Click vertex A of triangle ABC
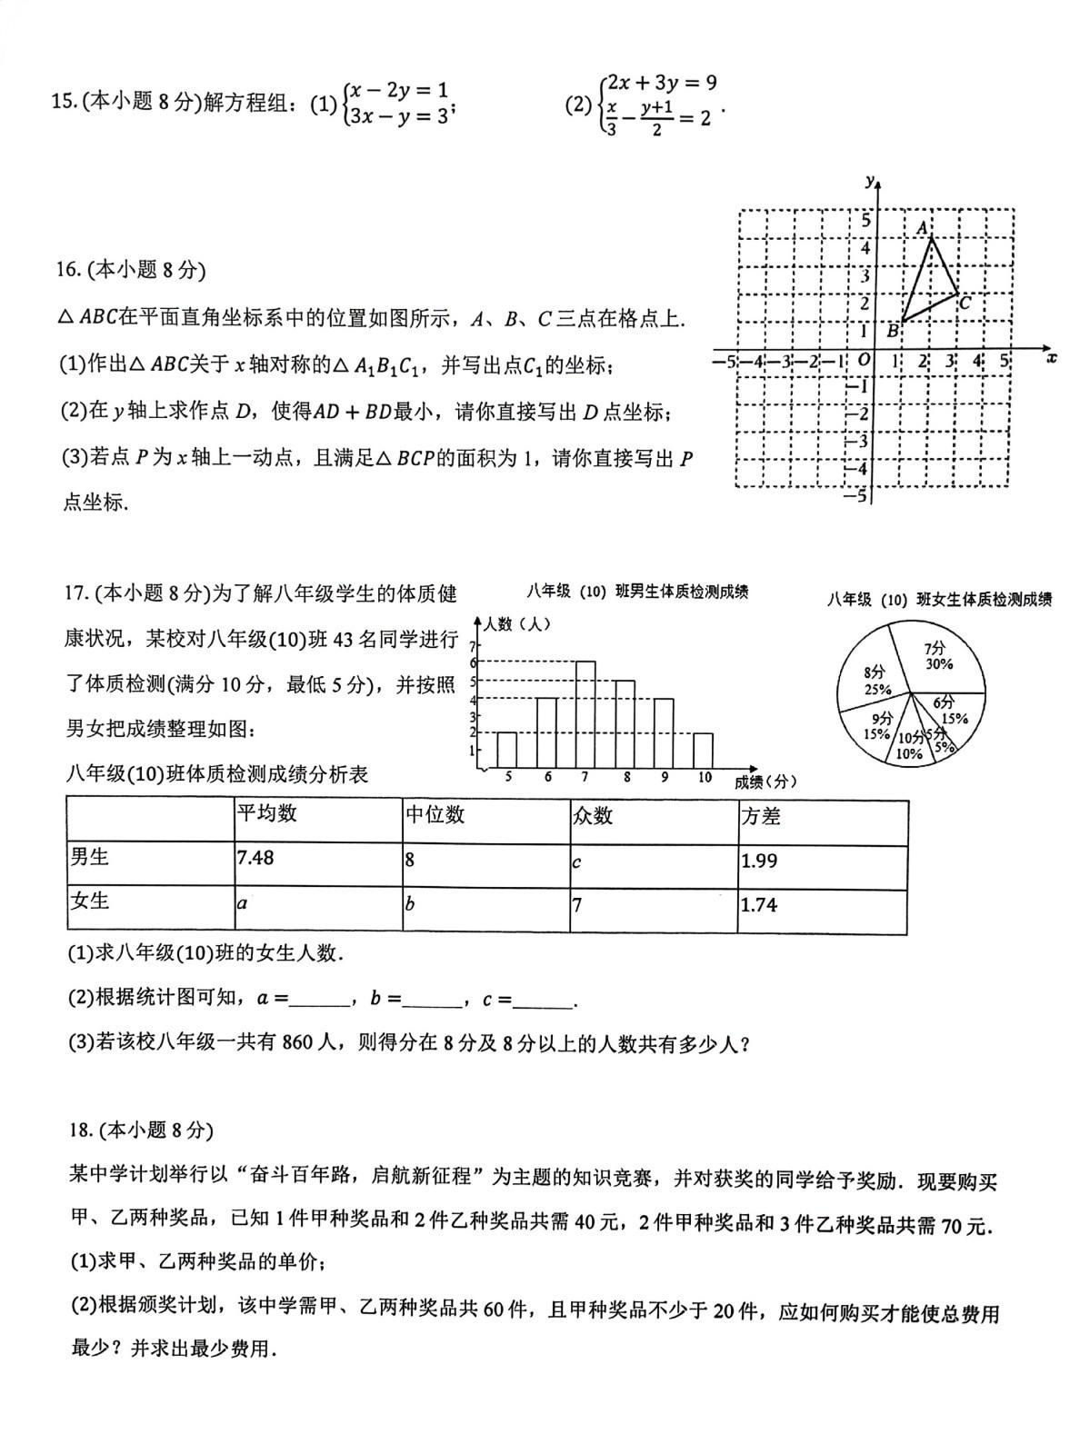pyautogui.click(x=930, y=239)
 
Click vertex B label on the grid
pyautogui.click(x=893, y=332)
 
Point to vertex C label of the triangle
pyautogui.click(x=965, y=304)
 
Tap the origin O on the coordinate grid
pyautogui.click(x=864, y=360)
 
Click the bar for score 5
pyautogui.click(x=506, y=751)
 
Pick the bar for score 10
pyautogui.click(x=703, y=751)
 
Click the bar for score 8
pyautogui.click(x=625, y=724)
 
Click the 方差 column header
pyautogui.click(x=761, y=816)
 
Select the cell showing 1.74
pyautogui.click(x=759, y=904)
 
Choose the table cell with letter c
pyautogui.click(x=577, y=861)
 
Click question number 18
pyautogui.click(x=81, y=1130)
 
